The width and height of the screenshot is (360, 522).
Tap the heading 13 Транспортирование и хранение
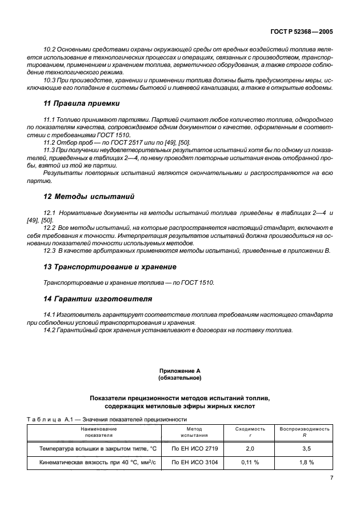click(x=110, y=266)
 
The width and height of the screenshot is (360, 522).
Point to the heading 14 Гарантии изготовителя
click(x=98, y=298)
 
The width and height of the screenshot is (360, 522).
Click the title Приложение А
click(x=179, y=371)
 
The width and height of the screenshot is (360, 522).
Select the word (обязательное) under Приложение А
click(x=179, y=378)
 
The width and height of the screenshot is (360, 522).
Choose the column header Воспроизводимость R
click(x=305, y=431)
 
